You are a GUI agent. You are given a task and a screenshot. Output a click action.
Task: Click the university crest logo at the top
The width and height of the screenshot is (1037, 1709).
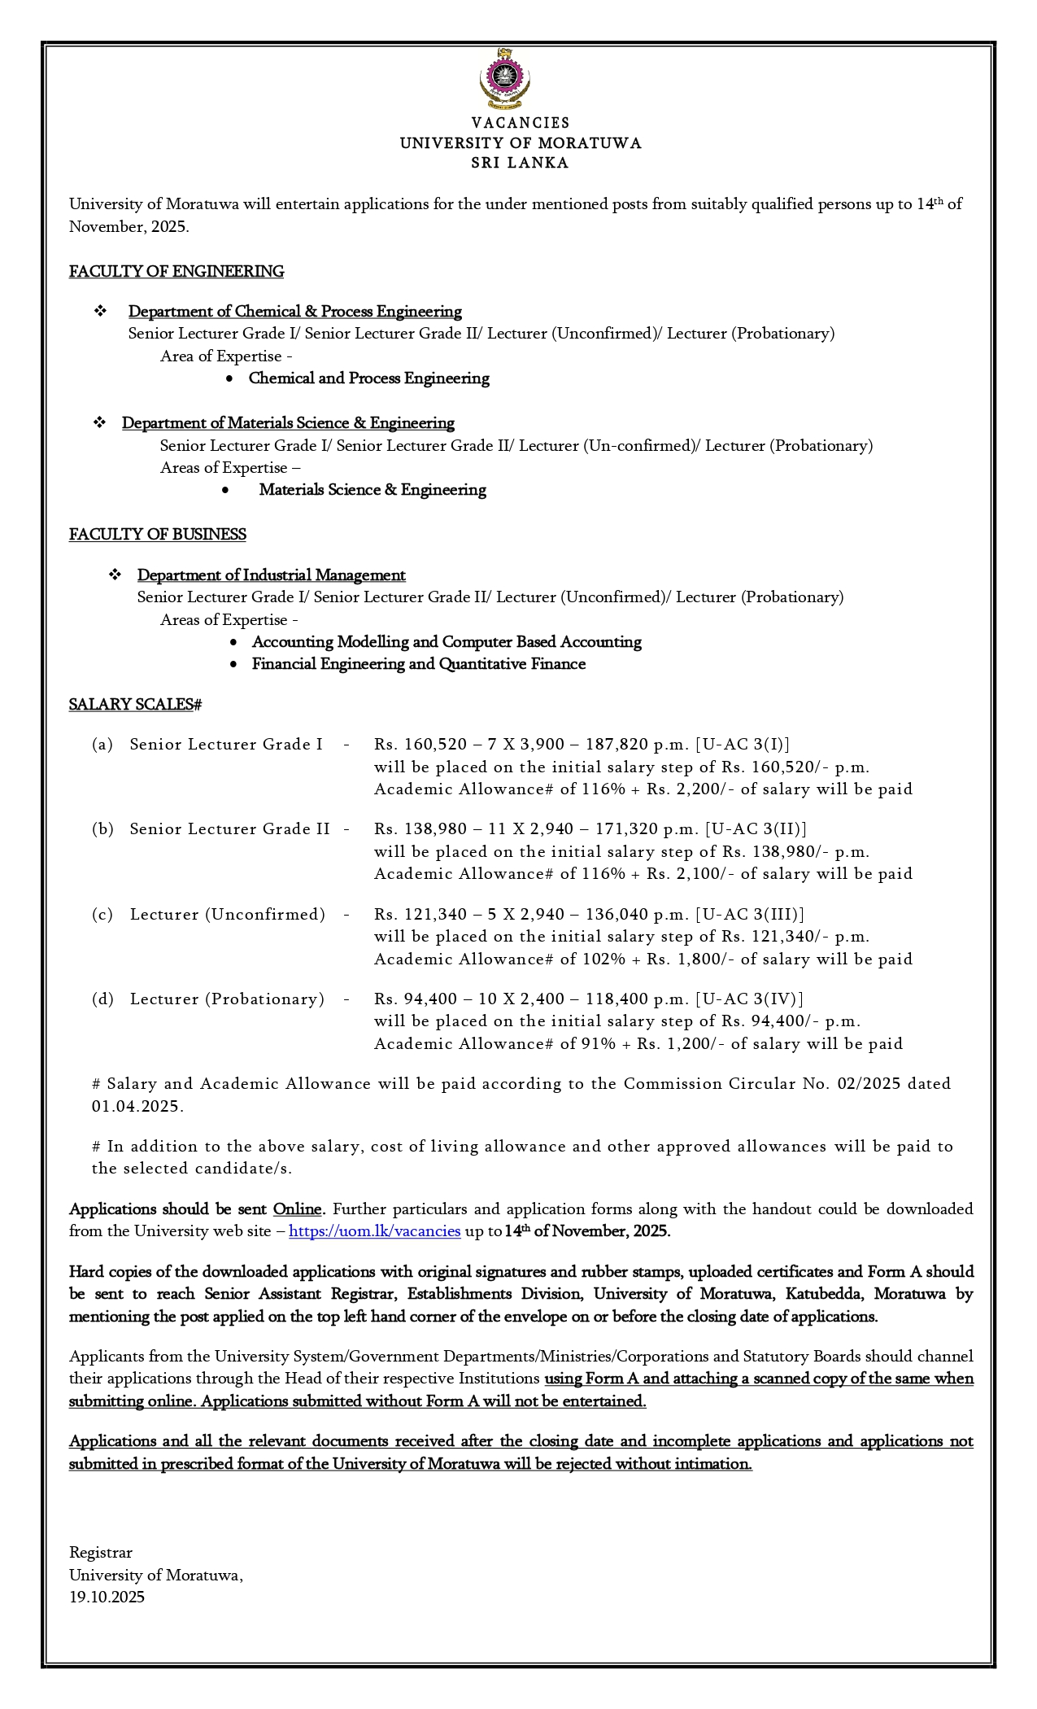pos(504,79)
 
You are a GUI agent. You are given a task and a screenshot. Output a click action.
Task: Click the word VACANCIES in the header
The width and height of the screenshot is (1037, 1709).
pos(521,123)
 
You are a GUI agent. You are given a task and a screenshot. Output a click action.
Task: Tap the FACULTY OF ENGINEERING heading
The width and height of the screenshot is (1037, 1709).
pos(176,272)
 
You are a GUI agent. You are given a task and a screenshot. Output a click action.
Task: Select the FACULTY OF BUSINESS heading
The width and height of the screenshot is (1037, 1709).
pos(158,535)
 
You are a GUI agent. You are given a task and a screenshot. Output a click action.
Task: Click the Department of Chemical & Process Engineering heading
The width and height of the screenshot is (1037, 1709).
pos(294,312)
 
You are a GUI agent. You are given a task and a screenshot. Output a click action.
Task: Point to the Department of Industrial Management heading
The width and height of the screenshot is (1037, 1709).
pos(271,575)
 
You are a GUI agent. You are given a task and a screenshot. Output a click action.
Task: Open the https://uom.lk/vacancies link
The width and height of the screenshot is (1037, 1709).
pos(374,1231)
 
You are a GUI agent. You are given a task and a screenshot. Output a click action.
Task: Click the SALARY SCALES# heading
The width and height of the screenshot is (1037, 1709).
pos(135,705)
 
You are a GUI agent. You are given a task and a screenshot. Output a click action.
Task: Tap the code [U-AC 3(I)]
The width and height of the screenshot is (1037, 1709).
pos(743,745)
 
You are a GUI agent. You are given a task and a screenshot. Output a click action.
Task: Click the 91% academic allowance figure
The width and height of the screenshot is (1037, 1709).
pos(599,1044)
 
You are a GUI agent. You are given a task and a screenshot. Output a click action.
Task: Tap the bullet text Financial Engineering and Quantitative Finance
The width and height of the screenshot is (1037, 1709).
pos(419,664)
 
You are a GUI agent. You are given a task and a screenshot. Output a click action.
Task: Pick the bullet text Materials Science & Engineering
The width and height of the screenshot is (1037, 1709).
pos(373,490)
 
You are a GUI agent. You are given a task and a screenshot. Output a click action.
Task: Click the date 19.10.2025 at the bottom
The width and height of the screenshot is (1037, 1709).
pos(107,1598)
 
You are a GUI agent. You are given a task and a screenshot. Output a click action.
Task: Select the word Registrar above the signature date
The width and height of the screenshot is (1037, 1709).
pos(101,1553)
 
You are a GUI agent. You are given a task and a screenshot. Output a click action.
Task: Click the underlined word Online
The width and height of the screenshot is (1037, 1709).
pos(298,1209)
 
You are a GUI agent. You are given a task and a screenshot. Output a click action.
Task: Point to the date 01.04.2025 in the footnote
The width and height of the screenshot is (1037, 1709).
pos(137,1107)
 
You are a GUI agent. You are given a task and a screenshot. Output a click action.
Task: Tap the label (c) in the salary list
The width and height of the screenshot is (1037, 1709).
pos(102,915)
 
